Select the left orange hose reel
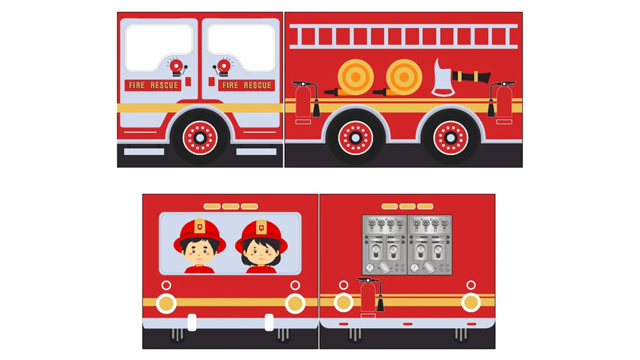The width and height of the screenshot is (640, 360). pyautogui.click(x=355, y=77)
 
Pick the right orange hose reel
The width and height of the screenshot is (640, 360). pyautogui.click(x=404, y=77)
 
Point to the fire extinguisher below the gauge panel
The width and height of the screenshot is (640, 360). pyautogui.click(x=369, y=297)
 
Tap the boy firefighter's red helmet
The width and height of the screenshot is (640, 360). pyautogui.click(x=199, y=235)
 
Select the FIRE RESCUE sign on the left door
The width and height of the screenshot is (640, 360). pyautogui.click(x=153, y=85)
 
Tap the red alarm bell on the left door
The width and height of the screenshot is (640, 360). pyautogui.click(x=176, y=66)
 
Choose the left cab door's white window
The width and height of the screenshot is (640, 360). pyautogui.click(x=159, y=47)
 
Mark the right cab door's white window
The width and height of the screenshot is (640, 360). pyautogui.click(x=241, y=47)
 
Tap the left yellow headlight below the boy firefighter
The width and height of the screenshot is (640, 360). pyautogui.click(x=166, y=303)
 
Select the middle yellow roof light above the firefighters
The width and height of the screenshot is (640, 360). pyautogui.click(x=230, y=206)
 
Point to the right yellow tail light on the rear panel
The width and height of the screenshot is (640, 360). pyautogui.click(x=470, y=302)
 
